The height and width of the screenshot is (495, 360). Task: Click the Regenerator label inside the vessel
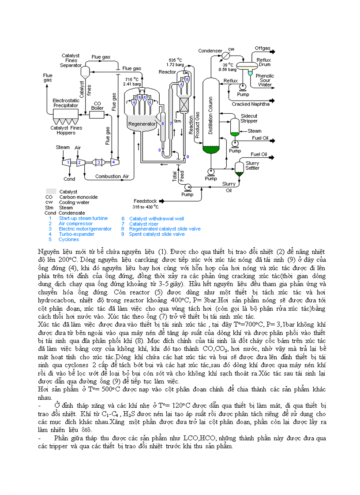coord(142,124)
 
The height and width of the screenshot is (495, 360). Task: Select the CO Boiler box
coord(97,114)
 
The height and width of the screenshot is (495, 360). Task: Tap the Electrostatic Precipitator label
coord(66,103)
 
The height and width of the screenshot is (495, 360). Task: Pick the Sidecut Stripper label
coord(249,119)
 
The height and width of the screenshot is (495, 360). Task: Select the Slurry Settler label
coord(252,165)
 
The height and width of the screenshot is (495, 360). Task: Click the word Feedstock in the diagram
coord(145,201)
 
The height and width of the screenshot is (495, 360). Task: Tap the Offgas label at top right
coord(262,48)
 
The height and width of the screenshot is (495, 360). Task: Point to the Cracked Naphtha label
coord(250,104)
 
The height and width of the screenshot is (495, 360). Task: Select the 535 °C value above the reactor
coord(175,60)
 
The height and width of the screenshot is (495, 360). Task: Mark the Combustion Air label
coord(112,176)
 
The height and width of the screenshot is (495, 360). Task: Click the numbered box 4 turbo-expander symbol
coord(113,162)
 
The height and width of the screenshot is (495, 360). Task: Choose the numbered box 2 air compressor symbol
coord(79,162)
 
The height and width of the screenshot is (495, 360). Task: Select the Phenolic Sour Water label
coord(265,80)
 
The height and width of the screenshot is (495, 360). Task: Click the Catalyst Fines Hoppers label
coord(66,130)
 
